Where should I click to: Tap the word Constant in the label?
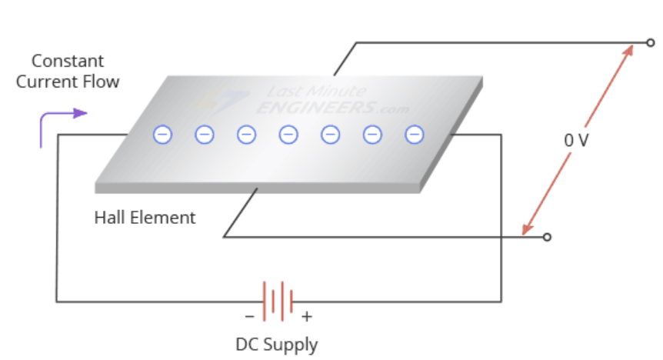68,61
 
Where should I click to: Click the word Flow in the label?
102,81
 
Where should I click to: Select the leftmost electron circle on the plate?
162,135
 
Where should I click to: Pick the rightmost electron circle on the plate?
415,135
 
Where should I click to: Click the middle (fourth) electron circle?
288,135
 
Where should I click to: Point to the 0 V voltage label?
576,141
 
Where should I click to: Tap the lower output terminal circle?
547,237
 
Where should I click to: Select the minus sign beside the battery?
249,316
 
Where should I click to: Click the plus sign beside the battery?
307,316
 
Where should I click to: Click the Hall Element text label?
145,218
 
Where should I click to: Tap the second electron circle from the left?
205,135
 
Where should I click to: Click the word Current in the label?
43,81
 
